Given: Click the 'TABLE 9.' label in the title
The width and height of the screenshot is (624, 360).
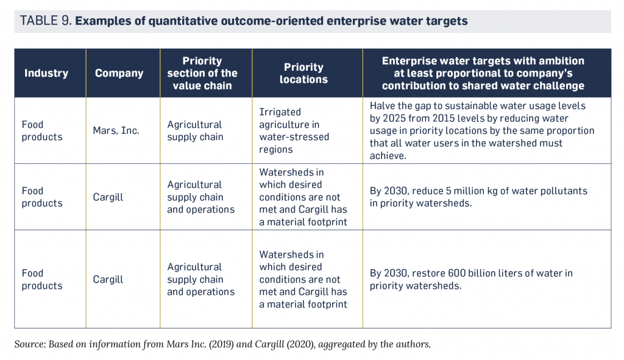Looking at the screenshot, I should (x=46, y=21).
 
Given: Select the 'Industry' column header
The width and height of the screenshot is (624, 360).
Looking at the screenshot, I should (x=46, y=73).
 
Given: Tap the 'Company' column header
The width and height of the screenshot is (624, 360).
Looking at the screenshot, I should (x=119, y=73).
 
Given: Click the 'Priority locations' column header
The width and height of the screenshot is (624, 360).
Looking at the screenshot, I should (x=303, y=73).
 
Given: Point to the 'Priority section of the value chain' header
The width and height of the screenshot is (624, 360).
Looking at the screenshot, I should (x=202, y=73).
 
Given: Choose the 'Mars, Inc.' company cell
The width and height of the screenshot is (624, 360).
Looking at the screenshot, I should (x=116, y=130).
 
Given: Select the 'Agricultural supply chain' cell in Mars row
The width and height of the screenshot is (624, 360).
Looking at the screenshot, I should (x=195, y=130).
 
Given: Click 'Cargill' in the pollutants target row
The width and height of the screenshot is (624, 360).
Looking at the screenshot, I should (x=108, y=197).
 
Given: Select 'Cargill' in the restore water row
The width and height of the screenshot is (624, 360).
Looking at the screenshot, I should (x=108, y=279).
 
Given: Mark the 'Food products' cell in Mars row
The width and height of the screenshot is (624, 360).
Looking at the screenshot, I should (x=41, y=130).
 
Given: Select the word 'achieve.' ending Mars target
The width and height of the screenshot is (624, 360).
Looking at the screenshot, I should (x=388, y=155).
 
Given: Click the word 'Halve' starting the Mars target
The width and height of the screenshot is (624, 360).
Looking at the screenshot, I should (x=383, y=105).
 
